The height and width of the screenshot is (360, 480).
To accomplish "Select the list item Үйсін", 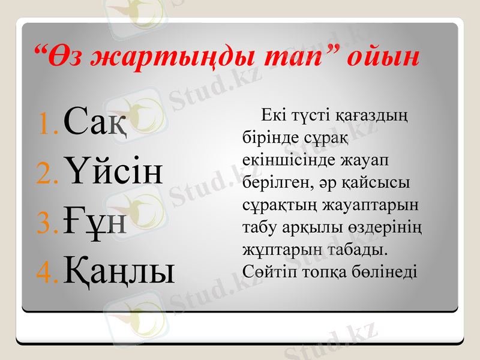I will point(112,173).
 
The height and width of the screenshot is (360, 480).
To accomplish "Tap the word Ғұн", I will point(94,222).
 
